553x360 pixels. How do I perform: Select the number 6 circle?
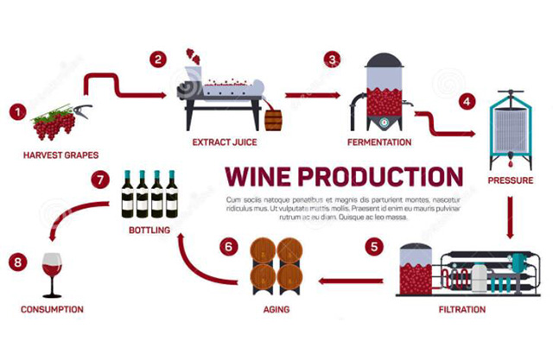[x=228, y=246]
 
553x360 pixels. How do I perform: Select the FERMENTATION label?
[x=379, y=141]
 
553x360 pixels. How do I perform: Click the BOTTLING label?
[x=149, y=230]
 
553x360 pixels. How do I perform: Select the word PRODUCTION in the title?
[x=378, y=176]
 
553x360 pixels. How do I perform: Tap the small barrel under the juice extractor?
[x=273, y=119]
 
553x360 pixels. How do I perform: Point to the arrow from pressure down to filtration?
[x=510, y=218]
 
